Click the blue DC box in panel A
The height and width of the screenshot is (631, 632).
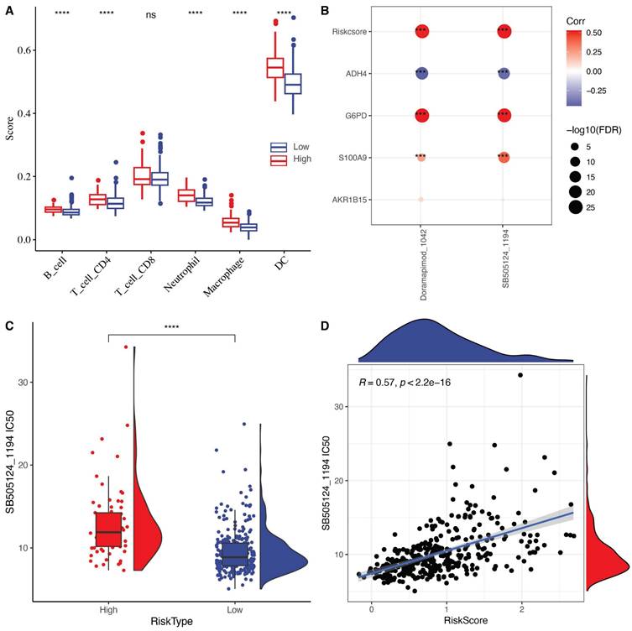coord(292,83)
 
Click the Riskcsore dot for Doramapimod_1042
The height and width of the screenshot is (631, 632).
coord(421,31)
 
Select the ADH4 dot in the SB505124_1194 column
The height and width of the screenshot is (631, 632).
coord(504,74)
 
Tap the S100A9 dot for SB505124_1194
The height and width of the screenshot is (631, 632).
coord(504,157)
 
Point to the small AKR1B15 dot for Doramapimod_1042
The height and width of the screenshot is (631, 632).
coord(421,200)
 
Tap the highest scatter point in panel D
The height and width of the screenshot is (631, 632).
coord(520,375)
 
